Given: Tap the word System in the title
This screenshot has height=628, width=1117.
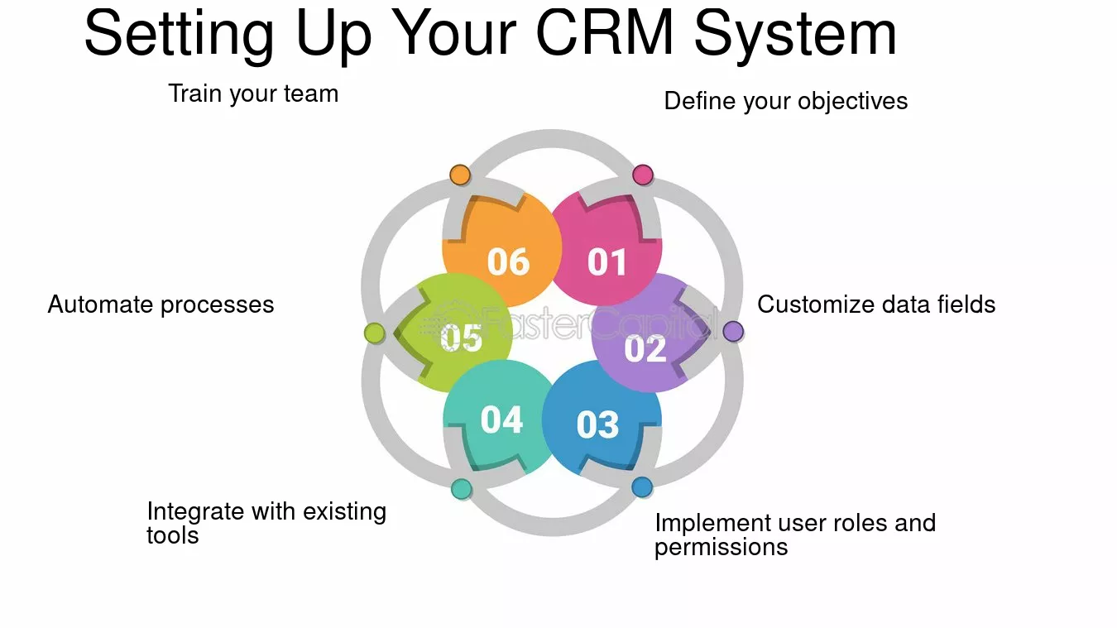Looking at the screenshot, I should coord(795,34).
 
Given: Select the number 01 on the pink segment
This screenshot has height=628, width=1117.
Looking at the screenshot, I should coord(608,262).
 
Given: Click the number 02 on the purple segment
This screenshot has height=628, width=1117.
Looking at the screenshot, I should coord(645,348).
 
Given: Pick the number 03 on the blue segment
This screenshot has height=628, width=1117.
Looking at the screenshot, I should coord(597,425).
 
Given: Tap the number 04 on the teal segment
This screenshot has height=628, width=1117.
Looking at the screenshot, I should coord(502,420).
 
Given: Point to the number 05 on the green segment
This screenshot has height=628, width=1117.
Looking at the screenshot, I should coord(462,338).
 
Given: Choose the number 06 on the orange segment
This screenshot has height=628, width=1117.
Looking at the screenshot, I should coord(507,262).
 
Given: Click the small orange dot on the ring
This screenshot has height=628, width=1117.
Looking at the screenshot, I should coord(460,175).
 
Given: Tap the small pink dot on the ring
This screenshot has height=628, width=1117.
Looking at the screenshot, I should coord(643,175).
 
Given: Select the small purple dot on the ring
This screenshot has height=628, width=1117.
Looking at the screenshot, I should coord(733,332).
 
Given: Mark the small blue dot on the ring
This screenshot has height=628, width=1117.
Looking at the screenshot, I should coord(642,487).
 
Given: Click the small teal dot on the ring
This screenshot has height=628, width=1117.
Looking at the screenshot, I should coord(462,489).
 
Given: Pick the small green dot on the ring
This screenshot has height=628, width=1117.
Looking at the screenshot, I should coord(375,333).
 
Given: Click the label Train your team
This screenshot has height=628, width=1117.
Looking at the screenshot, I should coord(253,93).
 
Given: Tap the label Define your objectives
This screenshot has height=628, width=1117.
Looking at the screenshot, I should coord(786,102).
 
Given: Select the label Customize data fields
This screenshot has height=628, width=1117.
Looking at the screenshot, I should coord(876,304).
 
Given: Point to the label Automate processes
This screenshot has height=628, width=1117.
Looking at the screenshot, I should coord(161,304).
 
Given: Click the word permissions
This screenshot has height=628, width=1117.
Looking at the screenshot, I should coord(721,547).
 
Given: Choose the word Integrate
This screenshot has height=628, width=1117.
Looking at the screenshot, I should coord(196,511).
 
